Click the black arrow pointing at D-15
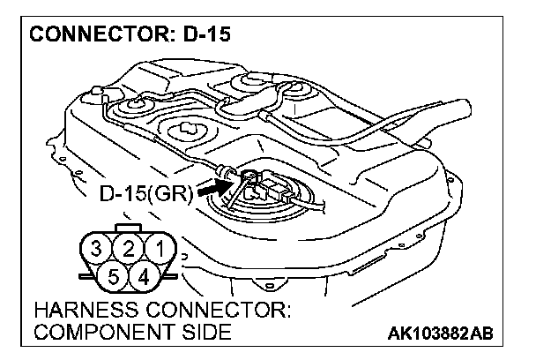tap(210, 188)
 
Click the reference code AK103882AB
tap(439, 333)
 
